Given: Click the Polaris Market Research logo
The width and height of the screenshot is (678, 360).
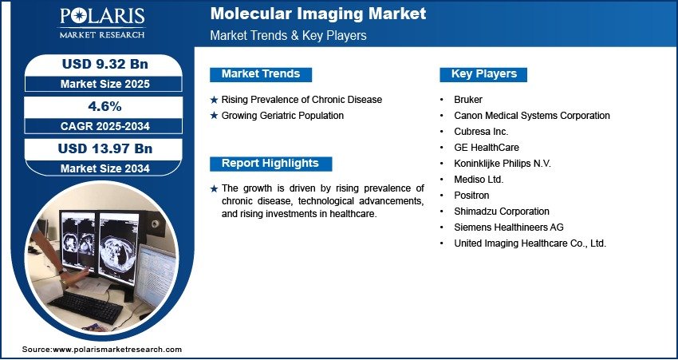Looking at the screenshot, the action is [x=102, y=23].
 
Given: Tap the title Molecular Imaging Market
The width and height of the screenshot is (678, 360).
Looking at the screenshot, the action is [x=318, y=14].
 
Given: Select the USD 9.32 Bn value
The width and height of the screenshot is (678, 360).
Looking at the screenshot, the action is [x=105, y=64].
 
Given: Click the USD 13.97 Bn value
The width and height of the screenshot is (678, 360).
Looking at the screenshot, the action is [x=105, y=148].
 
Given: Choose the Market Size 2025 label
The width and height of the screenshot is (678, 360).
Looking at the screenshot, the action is [x=105, y=84].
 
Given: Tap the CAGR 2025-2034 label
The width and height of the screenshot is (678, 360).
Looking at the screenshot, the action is [x=105, y=126].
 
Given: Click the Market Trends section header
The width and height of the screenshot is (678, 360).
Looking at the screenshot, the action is [x=261, y=74].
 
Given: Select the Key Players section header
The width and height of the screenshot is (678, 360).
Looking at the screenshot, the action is [x=484, y=74].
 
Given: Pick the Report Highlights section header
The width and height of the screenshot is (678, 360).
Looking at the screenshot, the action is [x=270, y=164].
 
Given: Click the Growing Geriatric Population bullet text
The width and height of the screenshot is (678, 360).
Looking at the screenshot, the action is [x=283, y=116].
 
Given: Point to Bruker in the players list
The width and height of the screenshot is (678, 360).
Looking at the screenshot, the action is [x=468, y=100].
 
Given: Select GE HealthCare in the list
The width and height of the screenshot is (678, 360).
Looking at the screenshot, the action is [x=487, y=148].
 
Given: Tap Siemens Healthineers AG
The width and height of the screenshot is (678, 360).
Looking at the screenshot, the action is [x=509, y=227].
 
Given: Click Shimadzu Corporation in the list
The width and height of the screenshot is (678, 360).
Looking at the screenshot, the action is [x=502, y=212].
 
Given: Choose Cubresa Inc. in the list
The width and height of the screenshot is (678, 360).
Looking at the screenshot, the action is [x=481, y=132].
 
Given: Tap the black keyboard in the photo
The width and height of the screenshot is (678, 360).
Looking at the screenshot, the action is [x=85, y=307].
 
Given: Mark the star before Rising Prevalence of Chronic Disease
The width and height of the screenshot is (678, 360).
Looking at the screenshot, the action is [x=214, y=100].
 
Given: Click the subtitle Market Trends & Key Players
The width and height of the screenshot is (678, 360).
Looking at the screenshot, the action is [x=289, y=35].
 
